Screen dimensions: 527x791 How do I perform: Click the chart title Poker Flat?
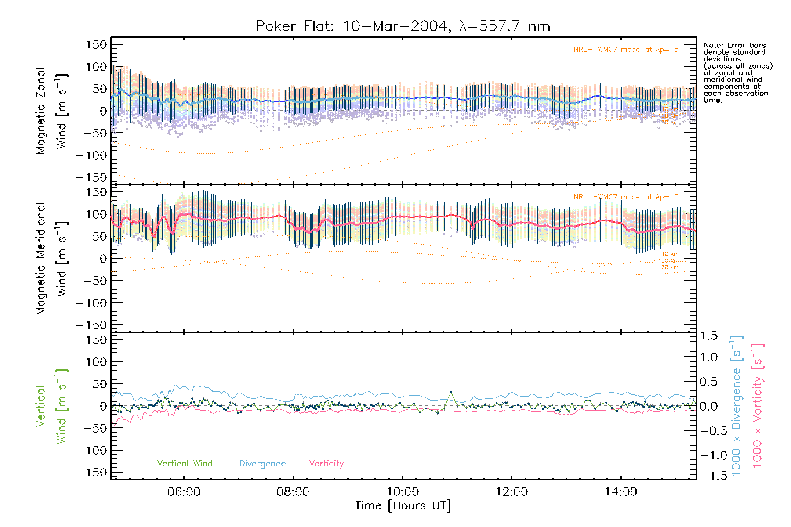click(403, 26)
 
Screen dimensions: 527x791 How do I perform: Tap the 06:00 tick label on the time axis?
click(184, 491)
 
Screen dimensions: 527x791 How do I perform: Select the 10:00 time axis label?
click(403, 491)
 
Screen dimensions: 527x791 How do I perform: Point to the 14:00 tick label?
click(620, 491)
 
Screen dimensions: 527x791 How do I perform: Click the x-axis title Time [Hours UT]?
click(403, 505)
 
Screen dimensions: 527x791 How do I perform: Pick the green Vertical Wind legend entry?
click(185, 463)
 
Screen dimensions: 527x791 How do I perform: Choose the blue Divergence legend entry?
click(262, 463)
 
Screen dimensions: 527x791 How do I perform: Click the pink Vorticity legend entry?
click(326, 463)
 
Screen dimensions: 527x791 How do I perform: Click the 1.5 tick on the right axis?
click(709, 336)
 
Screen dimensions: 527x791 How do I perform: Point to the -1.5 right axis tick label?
click(709, 475)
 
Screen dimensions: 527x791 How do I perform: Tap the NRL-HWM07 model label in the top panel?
click(626, 50)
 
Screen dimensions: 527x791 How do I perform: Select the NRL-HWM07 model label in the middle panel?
click(626, 197)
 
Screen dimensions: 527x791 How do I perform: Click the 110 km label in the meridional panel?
click(668, 254)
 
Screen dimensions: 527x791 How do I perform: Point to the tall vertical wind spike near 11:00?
click(450, 391)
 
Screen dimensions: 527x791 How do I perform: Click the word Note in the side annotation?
click(712, 45)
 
